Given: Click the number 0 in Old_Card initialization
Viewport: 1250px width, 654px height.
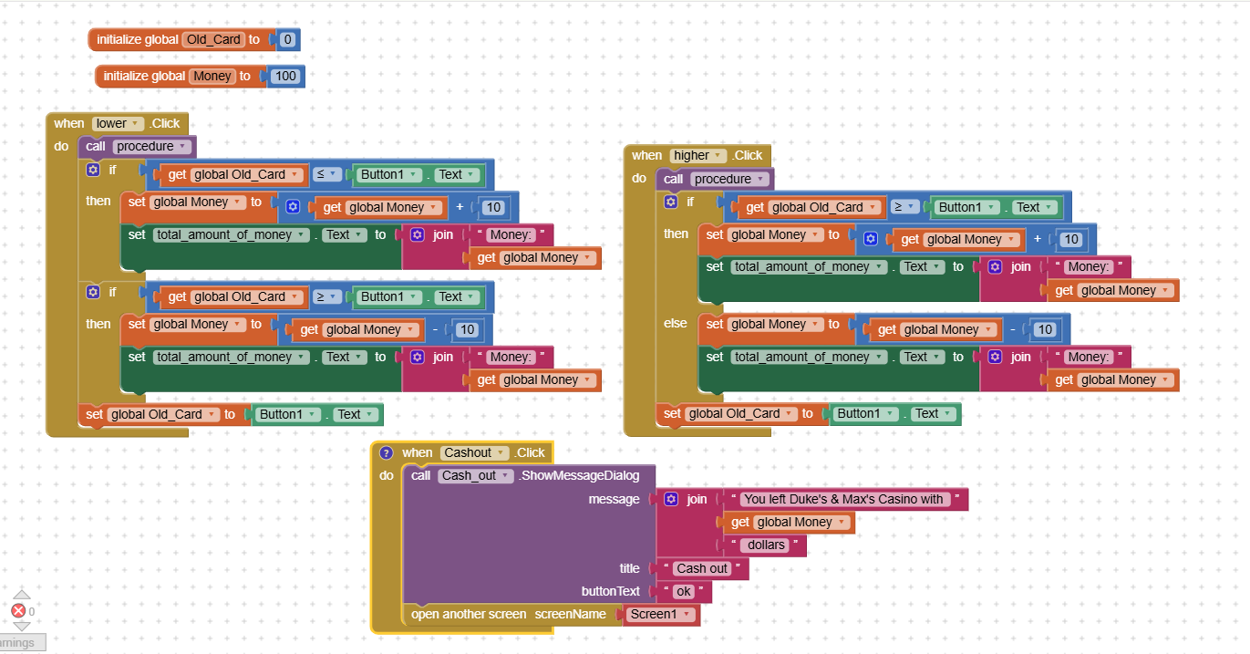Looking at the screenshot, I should click(x=287, y=40).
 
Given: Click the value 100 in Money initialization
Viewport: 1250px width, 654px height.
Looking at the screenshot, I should click(x=285, y=77).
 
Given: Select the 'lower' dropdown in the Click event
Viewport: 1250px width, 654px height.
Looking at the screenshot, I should click(x=119, y=124).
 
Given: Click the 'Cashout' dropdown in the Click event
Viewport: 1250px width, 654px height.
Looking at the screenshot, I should click(x=474, y=453).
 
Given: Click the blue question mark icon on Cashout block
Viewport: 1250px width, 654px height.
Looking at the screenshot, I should click(x=386, y=453).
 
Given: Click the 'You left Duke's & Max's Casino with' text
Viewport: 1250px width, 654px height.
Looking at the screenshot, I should click(x=843, y=499).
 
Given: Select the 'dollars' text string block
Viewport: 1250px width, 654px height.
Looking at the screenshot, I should click(x=766, y=545).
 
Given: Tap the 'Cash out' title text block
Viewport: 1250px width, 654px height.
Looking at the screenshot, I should click(x=702, y=569).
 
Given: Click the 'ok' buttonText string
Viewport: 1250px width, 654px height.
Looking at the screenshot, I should click(x=683, y=592).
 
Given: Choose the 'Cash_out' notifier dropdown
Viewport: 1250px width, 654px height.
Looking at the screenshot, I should click(x=475, y=476).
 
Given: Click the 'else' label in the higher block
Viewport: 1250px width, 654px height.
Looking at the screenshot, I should click(x=676, y=324).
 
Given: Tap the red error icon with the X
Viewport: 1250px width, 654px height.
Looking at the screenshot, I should click(x=18, y=611).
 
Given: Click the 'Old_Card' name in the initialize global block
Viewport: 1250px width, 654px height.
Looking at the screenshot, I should click(x=213, y=40).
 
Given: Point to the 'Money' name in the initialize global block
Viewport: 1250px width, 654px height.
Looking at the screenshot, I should click(x=212, y=77).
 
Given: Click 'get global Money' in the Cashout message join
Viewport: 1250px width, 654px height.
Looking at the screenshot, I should click(x=787, y=523).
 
